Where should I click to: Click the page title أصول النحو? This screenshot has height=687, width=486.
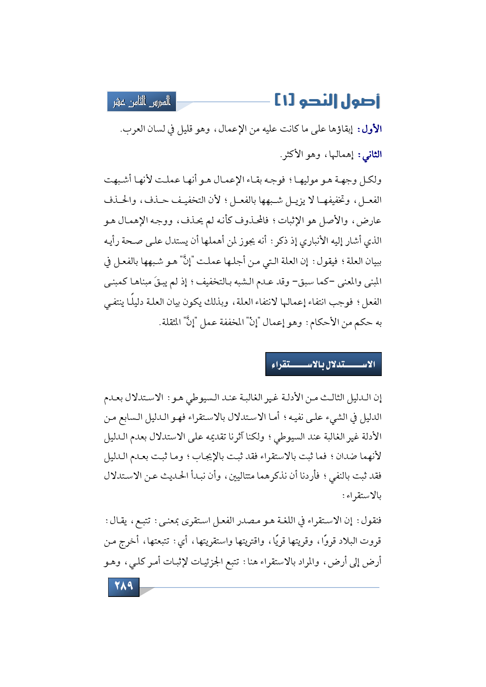339,101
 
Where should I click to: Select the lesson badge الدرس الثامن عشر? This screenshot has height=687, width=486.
142,102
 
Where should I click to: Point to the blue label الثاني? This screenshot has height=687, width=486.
369,155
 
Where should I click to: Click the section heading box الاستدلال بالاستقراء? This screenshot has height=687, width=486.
323,364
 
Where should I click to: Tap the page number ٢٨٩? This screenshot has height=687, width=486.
123,586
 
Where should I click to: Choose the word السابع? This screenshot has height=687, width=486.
132,417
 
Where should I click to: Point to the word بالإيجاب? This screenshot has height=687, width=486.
207,456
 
